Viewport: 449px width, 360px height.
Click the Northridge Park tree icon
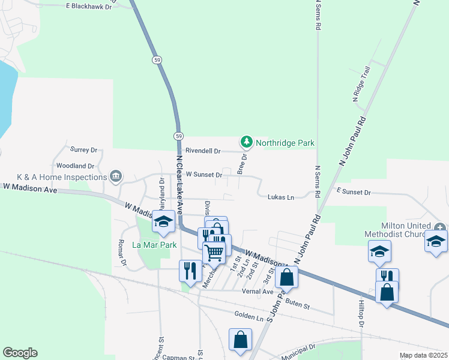[246, 142]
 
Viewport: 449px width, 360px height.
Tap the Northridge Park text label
[285, 143]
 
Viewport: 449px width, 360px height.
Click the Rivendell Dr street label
[203, 151]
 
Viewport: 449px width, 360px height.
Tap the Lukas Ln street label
[281, 197]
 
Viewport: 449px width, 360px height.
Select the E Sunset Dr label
[354, 192]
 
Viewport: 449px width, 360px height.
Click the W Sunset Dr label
[204, 175]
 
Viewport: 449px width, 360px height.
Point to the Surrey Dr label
[83, 149]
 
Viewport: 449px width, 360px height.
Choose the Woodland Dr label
[75, 166]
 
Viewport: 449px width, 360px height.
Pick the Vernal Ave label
[258, 292]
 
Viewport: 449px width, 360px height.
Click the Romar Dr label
[122, 253]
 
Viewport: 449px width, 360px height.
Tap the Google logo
[20, 353]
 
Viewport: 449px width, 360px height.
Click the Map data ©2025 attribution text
[423, 355]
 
